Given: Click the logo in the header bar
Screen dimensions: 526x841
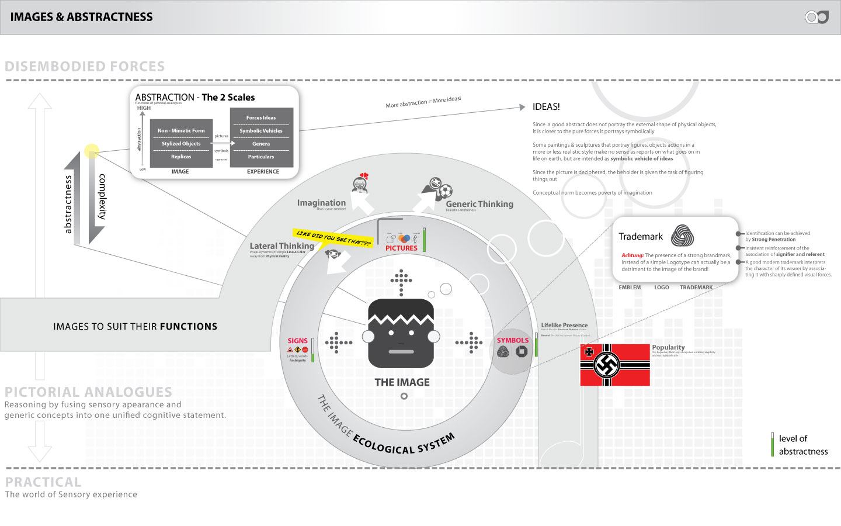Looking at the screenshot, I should pyautogui.click(x=817, y=17).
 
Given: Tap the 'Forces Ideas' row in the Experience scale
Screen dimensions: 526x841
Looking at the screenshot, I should pyautogui.click(x=261, y=117).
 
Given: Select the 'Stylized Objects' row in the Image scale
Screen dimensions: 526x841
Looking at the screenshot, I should pyautogui.click(x=181, y=144).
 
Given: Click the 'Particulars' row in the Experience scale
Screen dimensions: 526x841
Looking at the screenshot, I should pyautogui.click(x=261, y=157).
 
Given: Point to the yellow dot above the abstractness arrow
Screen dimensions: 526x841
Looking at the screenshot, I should pyautogui.click(x=91, y=151).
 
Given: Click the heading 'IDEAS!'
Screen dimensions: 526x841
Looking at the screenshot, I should pyautogui.click(x=546, y=107).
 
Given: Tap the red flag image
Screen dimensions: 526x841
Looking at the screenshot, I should pyautogui.click(x=614, y=365).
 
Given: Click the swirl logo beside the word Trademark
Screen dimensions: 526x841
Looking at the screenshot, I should pyautogui.click(x=682, y=236).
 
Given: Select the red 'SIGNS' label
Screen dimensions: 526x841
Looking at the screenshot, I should pyautogui.click(x=297, y=341).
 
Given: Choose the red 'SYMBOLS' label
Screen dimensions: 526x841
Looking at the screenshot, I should pyautogui.click(x=512, y=340).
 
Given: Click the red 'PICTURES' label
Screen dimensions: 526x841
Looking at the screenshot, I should pyautogui.click(x=401, y=248).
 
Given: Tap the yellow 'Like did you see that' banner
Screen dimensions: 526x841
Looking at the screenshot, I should pyautogui.click(x=333, y=238).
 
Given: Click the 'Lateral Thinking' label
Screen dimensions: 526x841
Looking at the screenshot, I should pyautogui.click(x=282, y=246).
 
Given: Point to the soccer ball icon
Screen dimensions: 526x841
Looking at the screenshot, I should pyautogui.click(x=445, y=191).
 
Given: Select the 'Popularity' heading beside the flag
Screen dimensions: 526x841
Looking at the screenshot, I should pyautogui.click(x=668, y=347).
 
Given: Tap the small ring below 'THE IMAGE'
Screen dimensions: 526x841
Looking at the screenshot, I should pyautogui.click(x=404, y=396).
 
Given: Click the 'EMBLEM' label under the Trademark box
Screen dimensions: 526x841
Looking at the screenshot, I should pyautogui.click(x=630, y=288).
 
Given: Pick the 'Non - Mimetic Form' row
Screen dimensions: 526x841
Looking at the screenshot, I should pyautogui.click(x=181, y=131).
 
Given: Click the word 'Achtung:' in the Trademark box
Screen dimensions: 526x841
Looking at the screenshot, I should pyautogui.click(x=632, y=255).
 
